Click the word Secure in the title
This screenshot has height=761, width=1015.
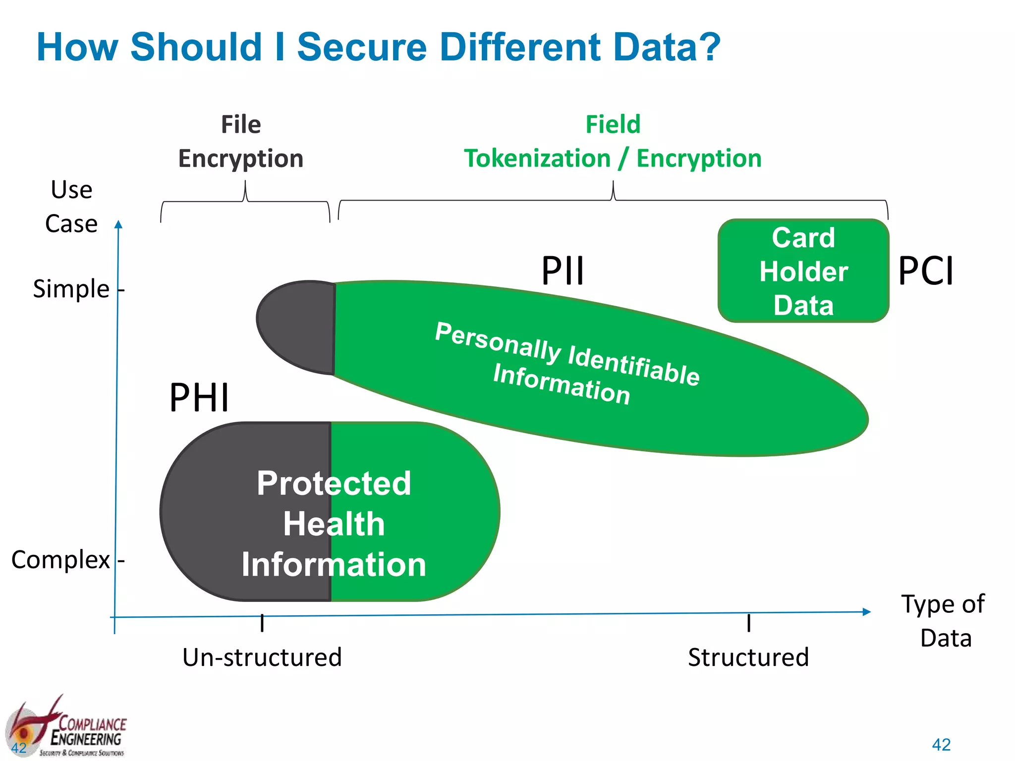[361, 47]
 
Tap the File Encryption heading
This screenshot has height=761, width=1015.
[241, 141]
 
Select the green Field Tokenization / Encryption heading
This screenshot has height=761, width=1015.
[613, 141]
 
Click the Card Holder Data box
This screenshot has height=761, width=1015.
[803, 271]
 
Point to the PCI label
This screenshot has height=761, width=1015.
[926, 271]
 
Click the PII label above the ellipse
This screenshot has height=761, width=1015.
[563, 271]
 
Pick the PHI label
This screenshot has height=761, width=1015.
[199, 397]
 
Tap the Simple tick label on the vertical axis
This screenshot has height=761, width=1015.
[71, 289]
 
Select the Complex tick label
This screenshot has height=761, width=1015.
[60, 560]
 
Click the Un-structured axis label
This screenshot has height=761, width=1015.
[262, 657]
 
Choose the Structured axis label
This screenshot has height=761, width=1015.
[748, 657]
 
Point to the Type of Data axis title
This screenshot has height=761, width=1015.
[944, 620]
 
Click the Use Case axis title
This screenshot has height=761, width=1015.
[71, 207]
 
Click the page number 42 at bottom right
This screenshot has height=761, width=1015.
[941, 745]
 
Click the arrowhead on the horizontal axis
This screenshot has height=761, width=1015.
[867, 612]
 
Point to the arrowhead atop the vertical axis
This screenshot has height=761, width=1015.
[118, 224]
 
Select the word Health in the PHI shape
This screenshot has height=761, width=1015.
[334, 524]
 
